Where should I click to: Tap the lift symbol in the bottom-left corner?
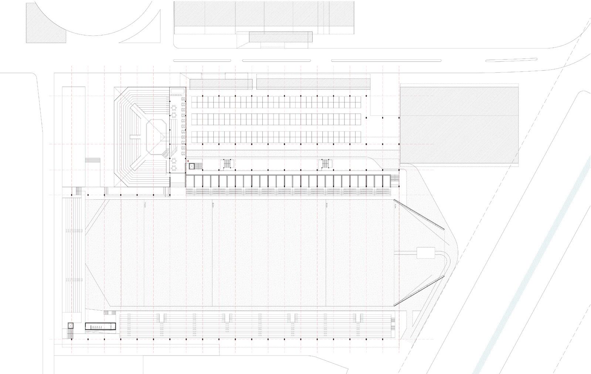click(71, 326)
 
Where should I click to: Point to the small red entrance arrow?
click(188, 161)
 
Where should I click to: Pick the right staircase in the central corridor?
click(325, 164)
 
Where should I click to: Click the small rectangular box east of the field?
click(426, 253)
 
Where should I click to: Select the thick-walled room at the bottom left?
click(101, 326)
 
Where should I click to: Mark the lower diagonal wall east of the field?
click(419, 290)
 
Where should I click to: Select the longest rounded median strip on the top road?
click(386, 61)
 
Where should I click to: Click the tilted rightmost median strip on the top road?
click(511, 59)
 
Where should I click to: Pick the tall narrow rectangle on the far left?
click(74, 137)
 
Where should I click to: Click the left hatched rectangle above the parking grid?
click(221, 84)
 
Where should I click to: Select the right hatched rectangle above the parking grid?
click(313, 84)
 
